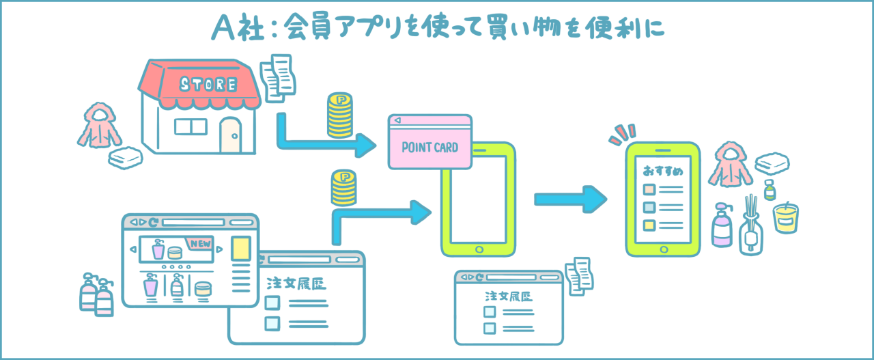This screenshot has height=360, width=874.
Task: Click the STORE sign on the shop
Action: [208, 84]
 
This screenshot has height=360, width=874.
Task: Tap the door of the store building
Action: [231, 135]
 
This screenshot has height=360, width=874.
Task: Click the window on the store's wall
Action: [191, 126]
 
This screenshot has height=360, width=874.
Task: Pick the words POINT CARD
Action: [429, 147]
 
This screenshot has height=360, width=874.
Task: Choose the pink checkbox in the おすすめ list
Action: [649, 189]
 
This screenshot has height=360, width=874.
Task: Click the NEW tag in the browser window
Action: [199, 243]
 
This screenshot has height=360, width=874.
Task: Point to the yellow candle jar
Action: [785, 217]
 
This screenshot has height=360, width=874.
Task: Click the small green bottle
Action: [770, 190]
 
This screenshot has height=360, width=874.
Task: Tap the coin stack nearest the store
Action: [340, 116]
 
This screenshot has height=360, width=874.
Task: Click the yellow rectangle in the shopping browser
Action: [241, 248]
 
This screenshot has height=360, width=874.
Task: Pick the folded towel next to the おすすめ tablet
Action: [770, 163]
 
